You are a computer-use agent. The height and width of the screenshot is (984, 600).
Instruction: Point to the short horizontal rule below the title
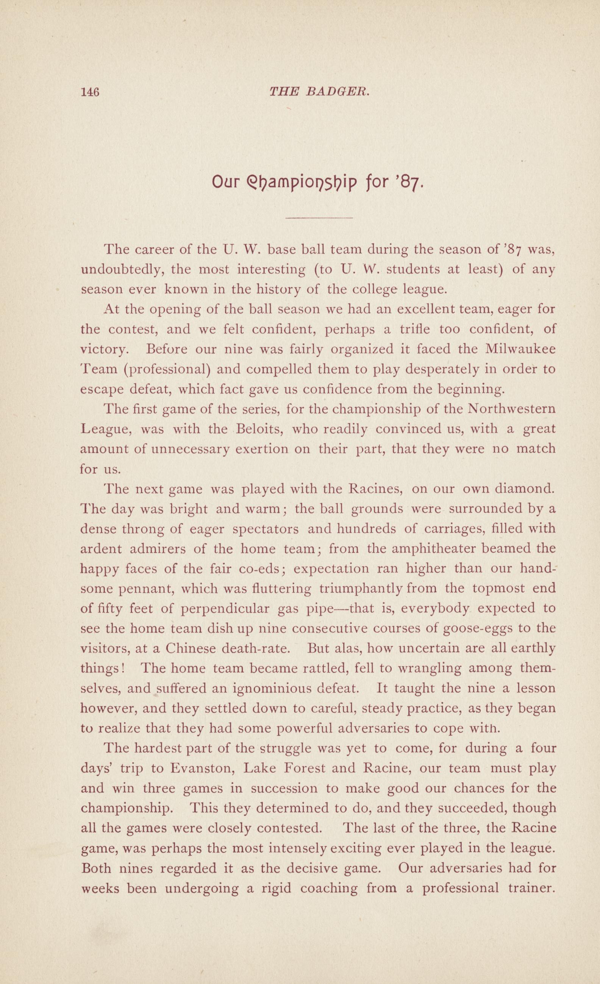pos(320,218)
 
